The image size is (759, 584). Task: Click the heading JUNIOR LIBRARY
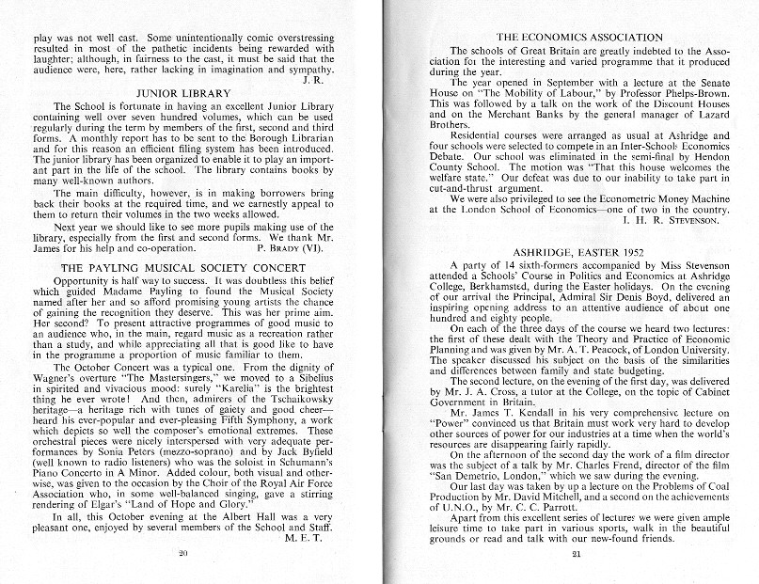[184, 93]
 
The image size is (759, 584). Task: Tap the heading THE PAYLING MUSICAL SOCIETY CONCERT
[185, 268]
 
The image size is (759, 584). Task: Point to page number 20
[183, 555]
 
